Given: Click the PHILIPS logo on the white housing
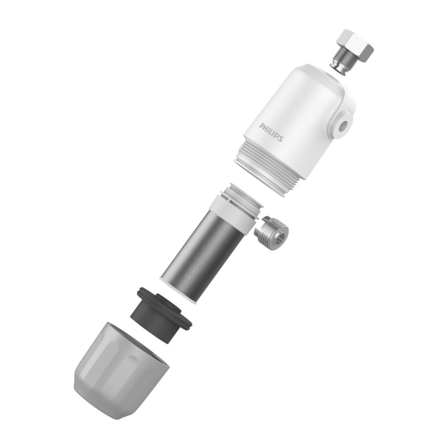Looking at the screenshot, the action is point(271,132).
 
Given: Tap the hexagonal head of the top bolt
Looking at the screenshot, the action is point(355,46).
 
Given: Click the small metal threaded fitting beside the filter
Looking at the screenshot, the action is point(272,233).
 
